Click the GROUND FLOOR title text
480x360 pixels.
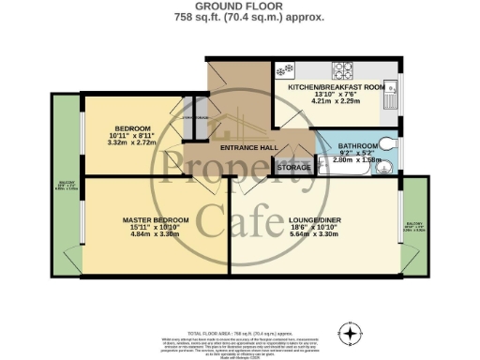239,7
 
